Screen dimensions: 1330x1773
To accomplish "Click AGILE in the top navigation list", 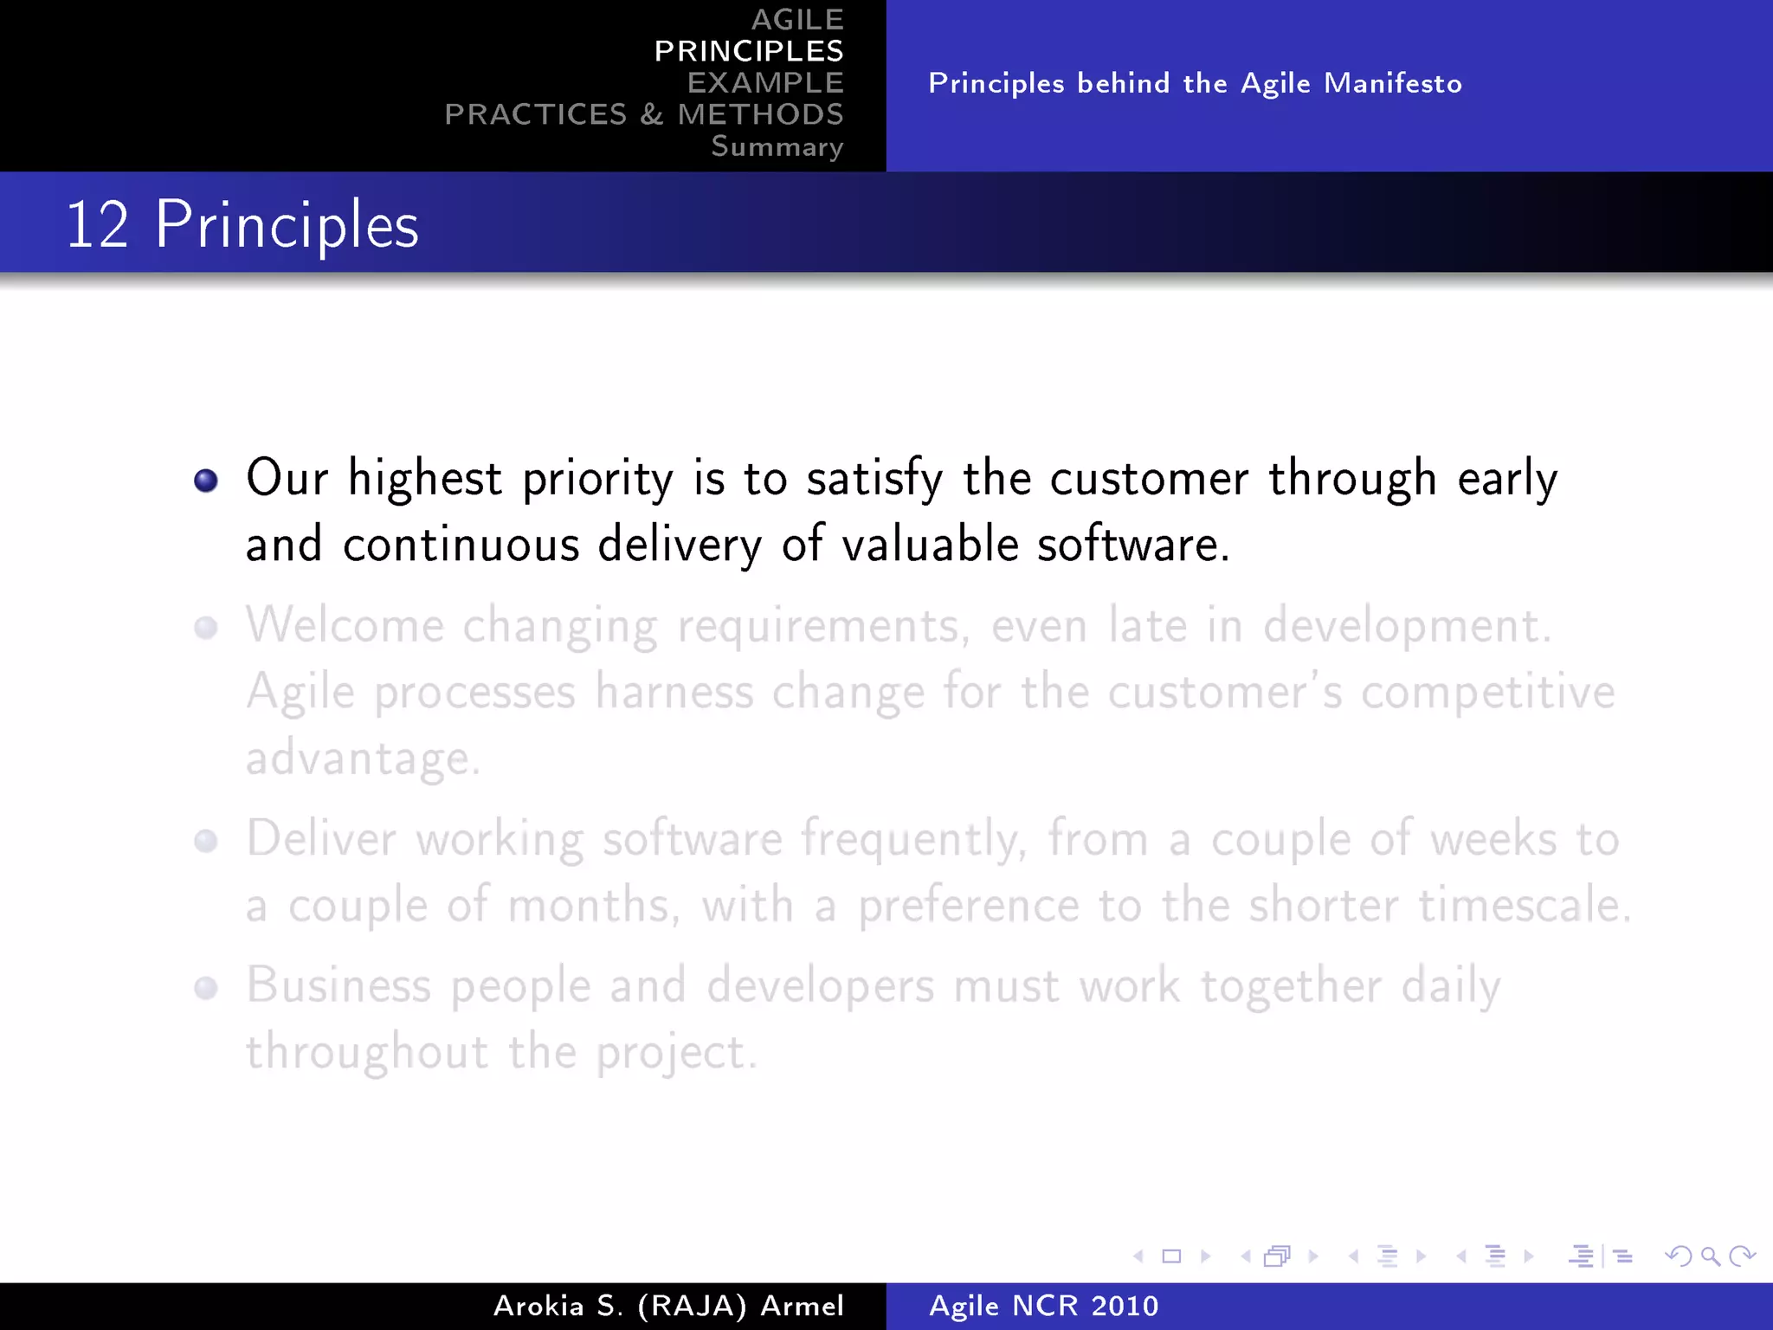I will tap(796, 20).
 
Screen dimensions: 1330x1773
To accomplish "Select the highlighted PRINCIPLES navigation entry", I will tap(748, 51).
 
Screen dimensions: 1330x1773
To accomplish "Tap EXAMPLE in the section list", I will tap(764, 83).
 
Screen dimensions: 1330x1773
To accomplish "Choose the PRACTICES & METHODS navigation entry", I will tap(643, 114).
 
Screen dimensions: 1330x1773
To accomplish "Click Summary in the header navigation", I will tap(777, 146).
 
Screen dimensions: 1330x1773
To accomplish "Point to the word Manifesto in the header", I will tap(1392, 83).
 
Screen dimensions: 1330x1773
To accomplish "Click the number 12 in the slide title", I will tap(97, 225).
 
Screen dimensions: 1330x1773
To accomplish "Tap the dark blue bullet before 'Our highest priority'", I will tap(206, 481).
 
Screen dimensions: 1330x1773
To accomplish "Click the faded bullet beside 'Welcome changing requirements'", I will tap(206, 627).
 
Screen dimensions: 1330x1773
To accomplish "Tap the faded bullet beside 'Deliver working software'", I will tap(206, 841).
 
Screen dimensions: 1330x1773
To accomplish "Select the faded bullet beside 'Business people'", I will tap(206, 988).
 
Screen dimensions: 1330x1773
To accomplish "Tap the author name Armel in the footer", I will tap(802, 1306).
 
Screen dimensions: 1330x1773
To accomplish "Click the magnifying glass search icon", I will tap(1710, 1256).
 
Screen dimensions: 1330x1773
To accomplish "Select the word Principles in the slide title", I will tap(287, 225).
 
